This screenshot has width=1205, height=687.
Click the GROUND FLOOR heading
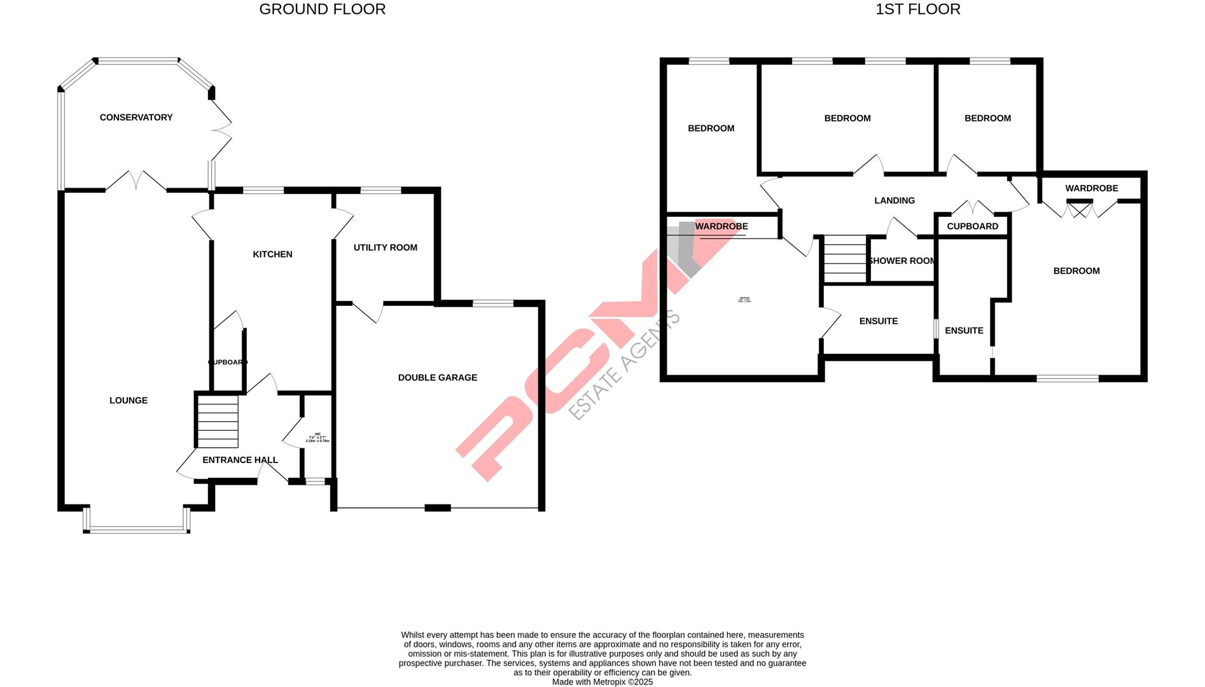point(322,10)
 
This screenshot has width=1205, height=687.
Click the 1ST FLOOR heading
point(917,10)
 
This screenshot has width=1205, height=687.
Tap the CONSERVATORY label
point(136,118)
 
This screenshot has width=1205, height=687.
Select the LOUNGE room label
point(129,401)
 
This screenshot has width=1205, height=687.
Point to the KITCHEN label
point(272,254)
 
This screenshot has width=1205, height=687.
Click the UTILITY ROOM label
point(386,248)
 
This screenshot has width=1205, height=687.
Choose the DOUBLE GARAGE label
point(438,378)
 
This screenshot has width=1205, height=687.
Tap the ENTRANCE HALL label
point(240,460)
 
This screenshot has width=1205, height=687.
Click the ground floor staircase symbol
point(218,421)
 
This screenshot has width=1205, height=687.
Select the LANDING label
point(895,201)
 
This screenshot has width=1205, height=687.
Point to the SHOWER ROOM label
point(902,261)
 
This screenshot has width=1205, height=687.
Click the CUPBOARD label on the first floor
point(972,226)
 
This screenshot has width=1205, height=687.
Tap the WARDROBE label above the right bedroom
point(1092,188)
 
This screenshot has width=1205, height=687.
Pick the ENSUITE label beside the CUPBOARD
point(964,331)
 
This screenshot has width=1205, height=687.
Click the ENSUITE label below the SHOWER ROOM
point(879,321)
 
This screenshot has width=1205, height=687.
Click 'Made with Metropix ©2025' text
point(602,682)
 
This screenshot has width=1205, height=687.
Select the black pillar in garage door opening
point(438,508)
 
